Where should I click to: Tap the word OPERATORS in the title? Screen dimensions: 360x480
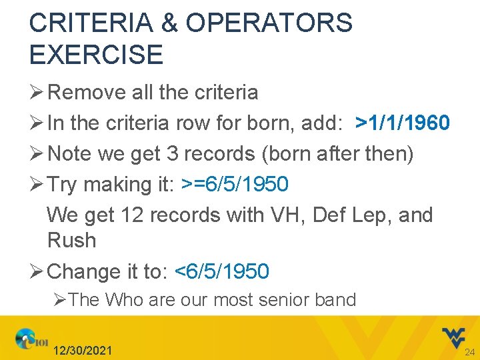pos(269,23)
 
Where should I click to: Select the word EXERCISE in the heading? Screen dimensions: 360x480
pos(96,55)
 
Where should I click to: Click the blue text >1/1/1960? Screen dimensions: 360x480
pos(403,123)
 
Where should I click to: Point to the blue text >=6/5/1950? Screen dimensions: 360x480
pos(235,184)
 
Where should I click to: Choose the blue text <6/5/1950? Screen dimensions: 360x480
pos(221,271)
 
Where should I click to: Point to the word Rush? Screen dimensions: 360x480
pos(71,240)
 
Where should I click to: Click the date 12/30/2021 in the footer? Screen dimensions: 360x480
pos(83,351)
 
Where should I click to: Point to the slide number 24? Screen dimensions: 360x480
pos(469,352)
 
